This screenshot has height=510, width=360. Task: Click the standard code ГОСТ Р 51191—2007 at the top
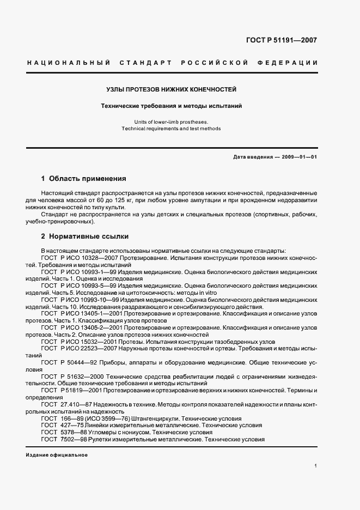tap(282, 40)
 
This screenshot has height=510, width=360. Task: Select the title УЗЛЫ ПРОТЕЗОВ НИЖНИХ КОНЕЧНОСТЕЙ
tap(172, 89)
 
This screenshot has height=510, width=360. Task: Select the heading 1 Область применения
tap(84, 178)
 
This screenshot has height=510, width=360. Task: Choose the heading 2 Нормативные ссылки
tap(85, 236)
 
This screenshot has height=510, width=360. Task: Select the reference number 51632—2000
tap(88, 377)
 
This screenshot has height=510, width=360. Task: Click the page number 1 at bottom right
tap(316, 466)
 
